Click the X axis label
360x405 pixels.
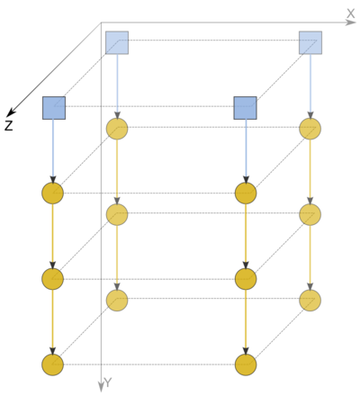(x=350, y=13)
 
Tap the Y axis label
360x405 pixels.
(x=108, y=382)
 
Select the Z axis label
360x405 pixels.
(x=9, y=126)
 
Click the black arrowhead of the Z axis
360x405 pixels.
(x=11, y=112)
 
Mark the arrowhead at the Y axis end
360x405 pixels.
(x=101, y=387)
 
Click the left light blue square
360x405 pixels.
(x=117, y=42)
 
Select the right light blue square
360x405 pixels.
(x=310, y=42)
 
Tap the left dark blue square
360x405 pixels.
(x=54, y=108)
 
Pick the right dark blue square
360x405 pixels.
(x=245, y=108)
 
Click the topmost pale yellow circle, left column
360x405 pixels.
(x=117, y=129)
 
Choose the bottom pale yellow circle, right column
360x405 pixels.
(x=310, y=301)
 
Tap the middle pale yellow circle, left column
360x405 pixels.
(x=117, y=214)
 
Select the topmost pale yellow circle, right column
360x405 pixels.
(x=310, y=129)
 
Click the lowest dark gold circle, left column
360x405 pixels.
(x=52, y=364)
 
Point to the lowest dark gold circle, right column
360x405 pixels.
(x=246, y=364)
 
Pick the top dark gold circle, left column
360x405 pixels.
(x=52, y=193)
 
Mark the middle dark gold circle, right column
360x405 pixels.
(x=246, y=279)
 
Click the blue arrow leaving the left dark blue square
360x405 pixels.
(x=53, y=151)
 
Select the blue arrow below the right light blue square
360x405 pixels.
(x=310, y=86)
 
